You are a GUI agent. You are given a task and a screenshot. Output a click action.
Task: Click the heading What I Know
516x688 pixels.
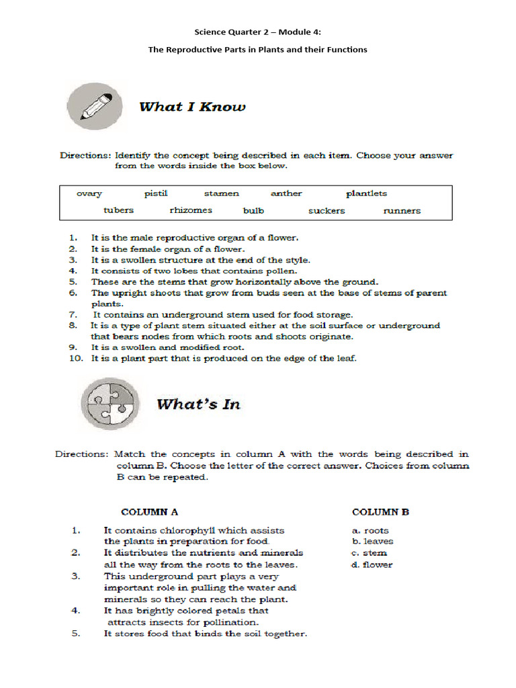[192, 107]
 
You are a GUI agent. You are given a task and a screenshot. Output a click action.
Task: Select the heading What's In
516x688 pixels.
[198, 404]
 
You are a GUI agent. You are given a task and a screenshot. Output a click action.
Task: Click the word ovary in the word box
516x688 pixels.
[89, 193]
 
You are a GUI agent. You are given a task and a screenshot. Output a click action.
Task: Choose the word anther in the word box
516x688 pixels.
[286, 193]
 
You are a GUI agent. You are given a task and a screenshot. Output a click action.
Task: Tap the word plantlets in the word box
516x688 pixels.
[366, 193]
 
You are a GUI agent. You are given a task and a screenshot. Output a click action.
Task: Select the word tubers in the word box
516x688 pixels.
[118, 210]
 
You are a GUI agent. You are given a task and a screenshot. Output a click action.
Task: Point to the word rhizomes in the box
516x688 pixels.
[191, 210]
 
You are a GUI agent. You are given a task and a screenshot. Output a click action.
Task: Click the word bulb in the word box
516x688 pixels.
[253, 210]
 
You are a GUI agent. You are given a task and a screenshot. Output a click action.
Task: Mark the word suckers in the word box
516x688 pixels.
[327, 210]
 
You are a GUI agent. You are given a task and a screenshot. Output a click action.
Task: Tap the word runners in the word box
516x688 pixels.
[402, 210]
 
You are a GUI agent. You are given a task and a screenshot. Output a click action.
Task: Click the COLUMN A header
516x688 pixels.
[149, 512]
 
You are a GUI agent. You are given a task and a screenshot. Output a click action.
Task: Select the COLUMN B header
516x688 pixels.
[380, 512]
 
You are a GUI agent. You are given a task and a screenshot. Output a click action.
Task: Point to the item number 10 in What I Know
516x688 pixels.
[76, 359]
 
